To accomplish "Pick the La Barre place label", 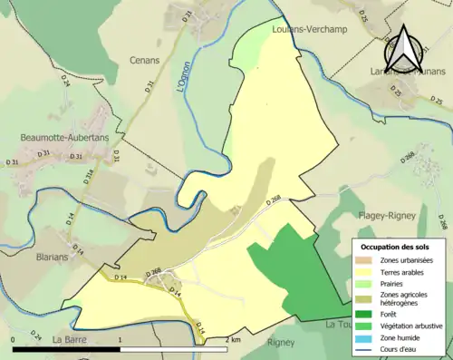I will [69, 339].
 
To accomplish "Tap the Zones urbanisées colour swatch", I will [363, 261].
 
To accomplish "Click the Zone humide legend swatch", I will [363, 336].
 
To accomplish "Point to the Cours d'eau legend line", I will [363, 347].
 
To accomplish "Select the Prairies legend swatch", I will [363, 283].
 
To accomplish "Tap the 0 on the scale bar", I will [13, 339].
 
